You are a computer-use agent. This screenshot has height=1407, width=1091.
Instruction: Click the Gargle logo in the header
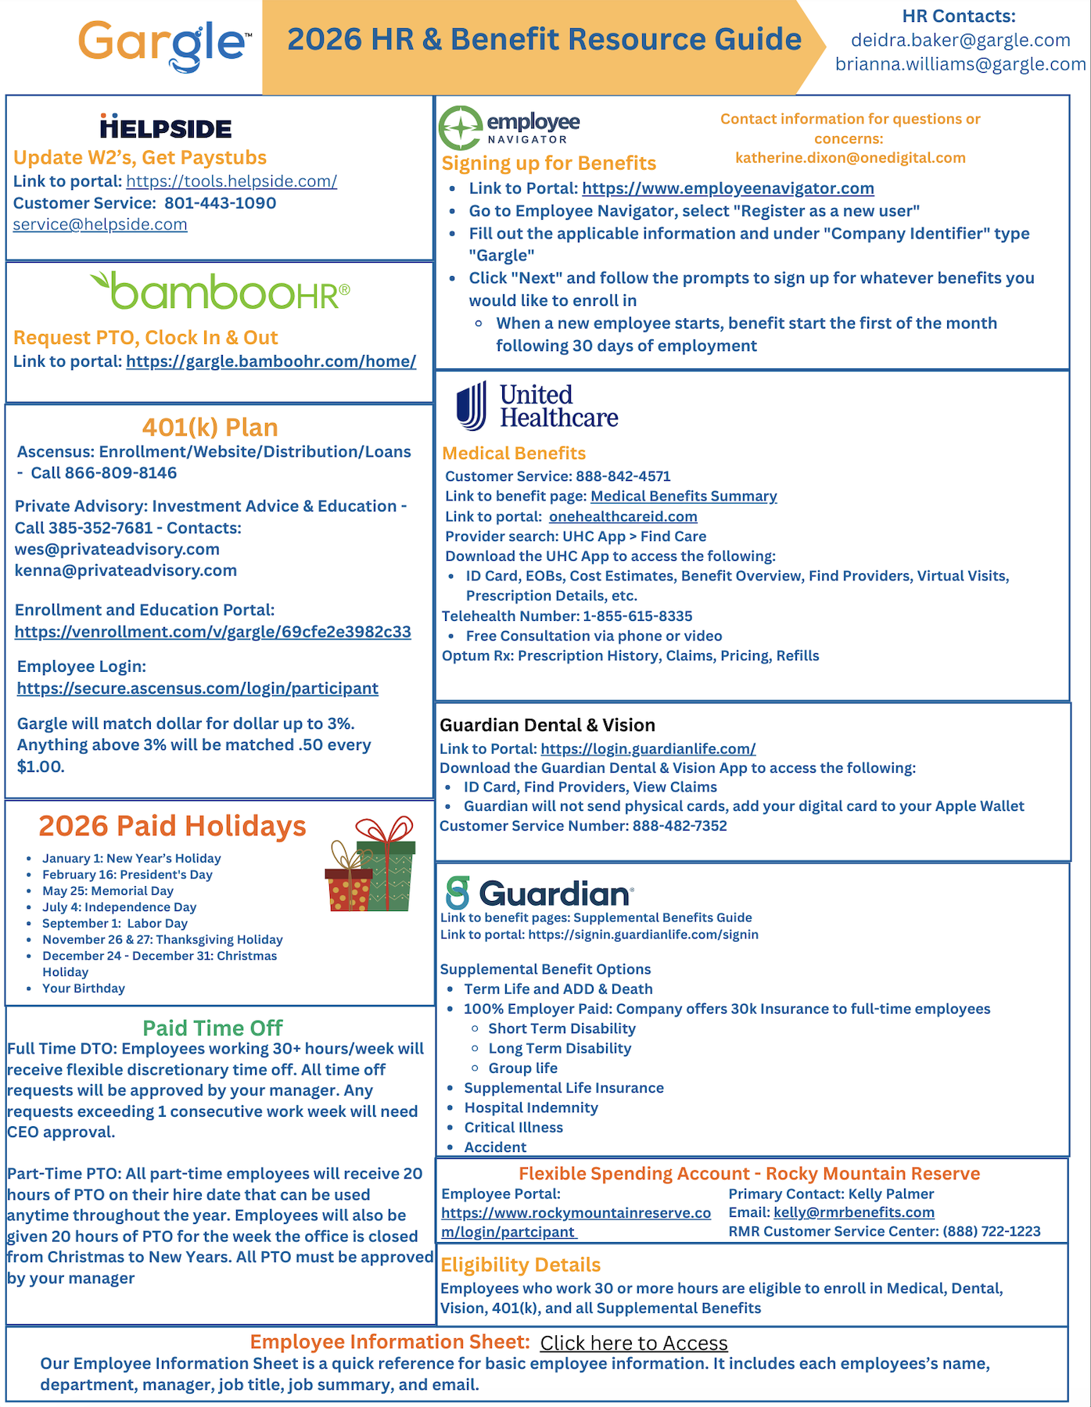164,45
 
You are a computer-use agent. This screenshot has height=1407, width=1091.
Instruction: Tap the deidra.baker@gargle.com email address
960,40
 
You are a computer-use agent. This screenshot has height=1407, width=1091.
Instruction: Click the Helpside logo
166,127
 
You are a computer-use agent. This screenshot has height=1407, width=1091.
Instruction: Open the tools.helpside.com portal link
231,181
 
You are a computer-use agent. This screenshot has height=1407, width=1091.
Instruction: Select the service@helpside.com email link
100,224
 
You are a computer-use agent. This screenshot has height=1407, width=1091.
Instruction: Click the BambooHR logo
220,292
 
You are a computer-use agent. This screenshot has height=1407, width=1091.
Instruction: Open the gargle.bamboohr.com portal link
271,361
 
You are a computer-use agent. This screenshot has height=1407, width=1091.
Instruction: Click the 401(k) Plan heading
210,427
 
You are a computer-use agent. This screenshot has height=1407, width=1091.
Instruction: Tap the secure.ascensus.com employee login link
197,688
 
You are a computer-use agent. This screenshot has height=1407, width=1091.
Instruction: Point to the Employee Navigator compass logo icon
460,127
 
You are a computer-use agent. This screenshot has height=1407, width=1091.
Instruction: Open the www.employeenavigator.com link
727,188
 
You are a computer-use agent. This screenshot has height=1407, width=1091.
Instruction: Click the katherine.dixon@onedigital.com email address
850,158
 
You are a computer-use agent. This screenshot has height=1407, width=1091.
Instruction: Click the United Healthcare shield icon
472,406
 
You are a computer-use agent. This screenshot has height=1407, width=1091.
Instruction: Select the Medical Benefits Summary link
683,496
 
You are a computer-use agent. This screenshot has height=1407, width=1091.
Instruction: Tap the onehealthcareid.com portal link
623,516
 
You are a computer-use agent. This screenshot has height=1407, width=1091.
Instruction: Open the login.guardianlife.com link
648,748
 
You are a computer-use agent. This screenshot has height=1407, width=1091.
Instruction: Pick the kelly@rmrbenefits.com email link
853,1212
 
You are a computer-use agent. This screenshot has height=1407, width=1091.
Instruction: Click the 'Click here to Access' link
633,1343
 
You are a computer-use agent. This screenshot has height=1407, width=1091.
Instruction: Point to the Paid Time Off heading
212,1028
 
